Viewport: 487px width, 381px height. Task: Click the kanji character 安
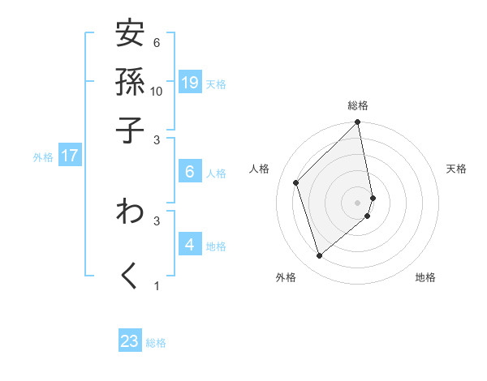[130, 35]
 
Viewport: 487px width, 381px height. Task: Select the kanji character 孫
[130, 82]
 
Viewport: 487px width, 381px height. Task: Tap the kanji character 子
[130, 130]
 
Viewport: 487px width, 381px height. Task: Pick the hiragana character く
[130, 276]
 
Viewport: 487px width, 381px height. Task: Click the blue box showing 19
[190, 82]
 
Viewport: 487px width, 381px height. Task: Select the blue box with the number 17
[69, 156]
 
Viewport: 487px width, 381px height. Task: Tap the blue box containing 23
[130, 341]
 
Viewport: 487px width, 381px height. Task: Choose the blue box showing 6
[190, 172]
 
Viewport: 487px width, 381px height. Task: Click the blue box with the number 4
[190, 244]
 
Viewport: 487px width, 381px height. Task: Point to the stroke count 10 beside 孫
[157, 91]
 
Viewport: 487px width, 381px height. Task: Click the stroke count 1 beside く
[157, 285]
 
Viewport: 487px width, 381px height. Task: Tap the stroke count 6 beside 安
[157, 42]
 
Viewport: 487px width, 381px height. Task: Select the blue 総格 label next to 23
[157, 343]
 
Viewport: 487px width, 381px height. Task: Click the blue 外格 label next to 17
[43, 157]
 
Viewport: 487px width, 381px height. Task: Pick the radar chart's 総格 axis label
[358, 106]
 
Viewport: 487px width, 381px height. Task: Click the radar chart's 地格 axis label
[425, 277]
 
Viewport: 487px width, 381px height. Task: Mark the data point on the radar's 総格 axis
[358, 123]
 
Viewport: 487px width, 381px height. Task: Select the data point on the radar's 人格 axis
[296, 182]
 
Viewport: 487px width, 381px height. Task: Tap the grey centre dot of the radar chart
[358, 202]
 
